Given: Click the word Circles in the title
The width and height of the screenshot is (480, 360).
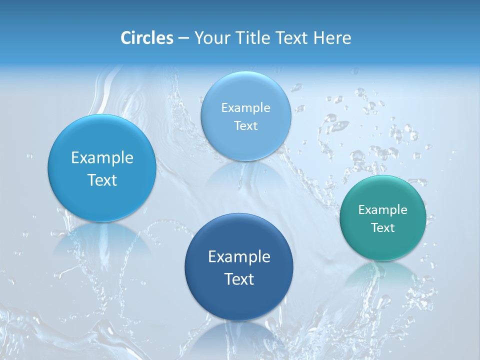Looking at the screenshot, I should pyautogui.click(x=146, y=38).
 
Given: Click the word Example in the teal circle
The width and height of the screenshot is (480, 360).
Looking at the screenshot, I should pyautogui.click(x=383, y=210).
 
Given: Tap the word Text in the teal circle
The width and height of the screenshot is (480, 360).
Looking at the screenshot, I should pyautogui.click(x=383, y=228).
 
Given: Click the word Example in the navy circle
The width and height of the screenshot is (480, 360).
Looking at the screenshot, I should pyautogui.click(x=239, y=257).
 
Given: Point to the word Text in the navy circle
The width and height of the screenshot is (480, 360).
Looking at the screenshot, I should pyautogui.click(x=239, y=279).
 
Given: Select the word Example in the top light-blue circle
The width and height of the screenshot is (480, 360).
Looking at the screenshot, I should pyautogui.click(x=245, y=108).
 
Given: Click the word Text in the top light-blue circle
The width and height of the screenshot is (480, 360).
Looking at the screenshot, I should pyautogui.click(x=245, y=126).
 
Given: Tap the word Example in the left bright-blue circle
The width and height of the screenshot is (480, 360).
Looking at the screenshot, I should pyautogui.click(x=102, y=158).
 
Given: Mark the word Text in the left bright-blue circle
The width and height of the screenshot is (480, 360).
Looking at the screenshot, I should pyautogui.click(x=102, y=180).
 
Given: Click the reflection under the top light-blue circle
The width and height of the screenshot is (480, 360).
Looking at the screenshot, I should pyautogui.click(x=245, y=172).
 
